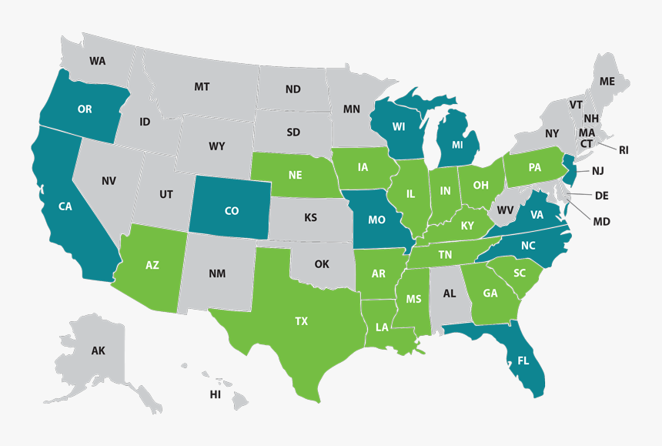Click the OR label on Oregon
point(85,109)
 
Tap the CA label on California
point(65,206)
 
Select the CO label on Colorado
point(232,210)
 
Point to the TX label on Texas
point(301,321)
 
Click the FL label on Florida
point(523,360)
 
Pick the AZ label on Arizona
point(152,265)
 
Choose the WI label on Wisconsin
point(399,127)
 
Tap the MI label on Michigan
point(457,144)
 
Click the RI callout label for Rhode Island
point(624,150)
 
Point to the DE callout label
point(602,196)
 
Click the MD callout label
point(601,222)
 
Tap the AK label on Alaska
point(98,351)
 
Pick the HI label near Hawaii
point(216,394)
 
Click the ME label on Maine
point(607,81)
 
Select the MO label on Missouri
point(376,220)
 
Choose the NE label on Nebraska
point(295,175)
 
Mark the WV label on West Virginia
point(505,210)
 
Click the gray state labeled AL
point(450,293)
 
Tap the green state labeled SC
point(519,273)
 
